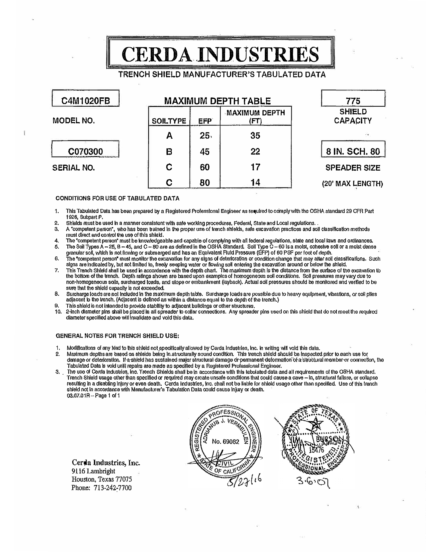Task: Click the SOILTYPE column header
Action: pos(169,121)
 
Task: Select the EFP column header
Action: pos(205,121)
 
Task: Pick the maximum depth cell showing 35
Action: pos(255,136)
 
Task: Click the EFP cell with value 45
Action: pos(205,152)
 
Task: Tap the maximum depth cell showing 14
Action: pos(255,182)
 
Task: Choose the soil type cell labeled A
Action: pos(169,136)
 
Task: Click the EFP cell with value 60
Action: pos(205,167)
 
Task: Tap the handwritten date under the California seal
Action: pos(244,481)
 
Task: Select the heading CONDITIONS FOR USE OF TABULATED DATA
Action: pos(117,198)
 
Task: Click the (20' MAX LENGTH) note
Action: pos(352,184)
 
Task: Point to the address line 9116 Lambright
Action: pos(93,471)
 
